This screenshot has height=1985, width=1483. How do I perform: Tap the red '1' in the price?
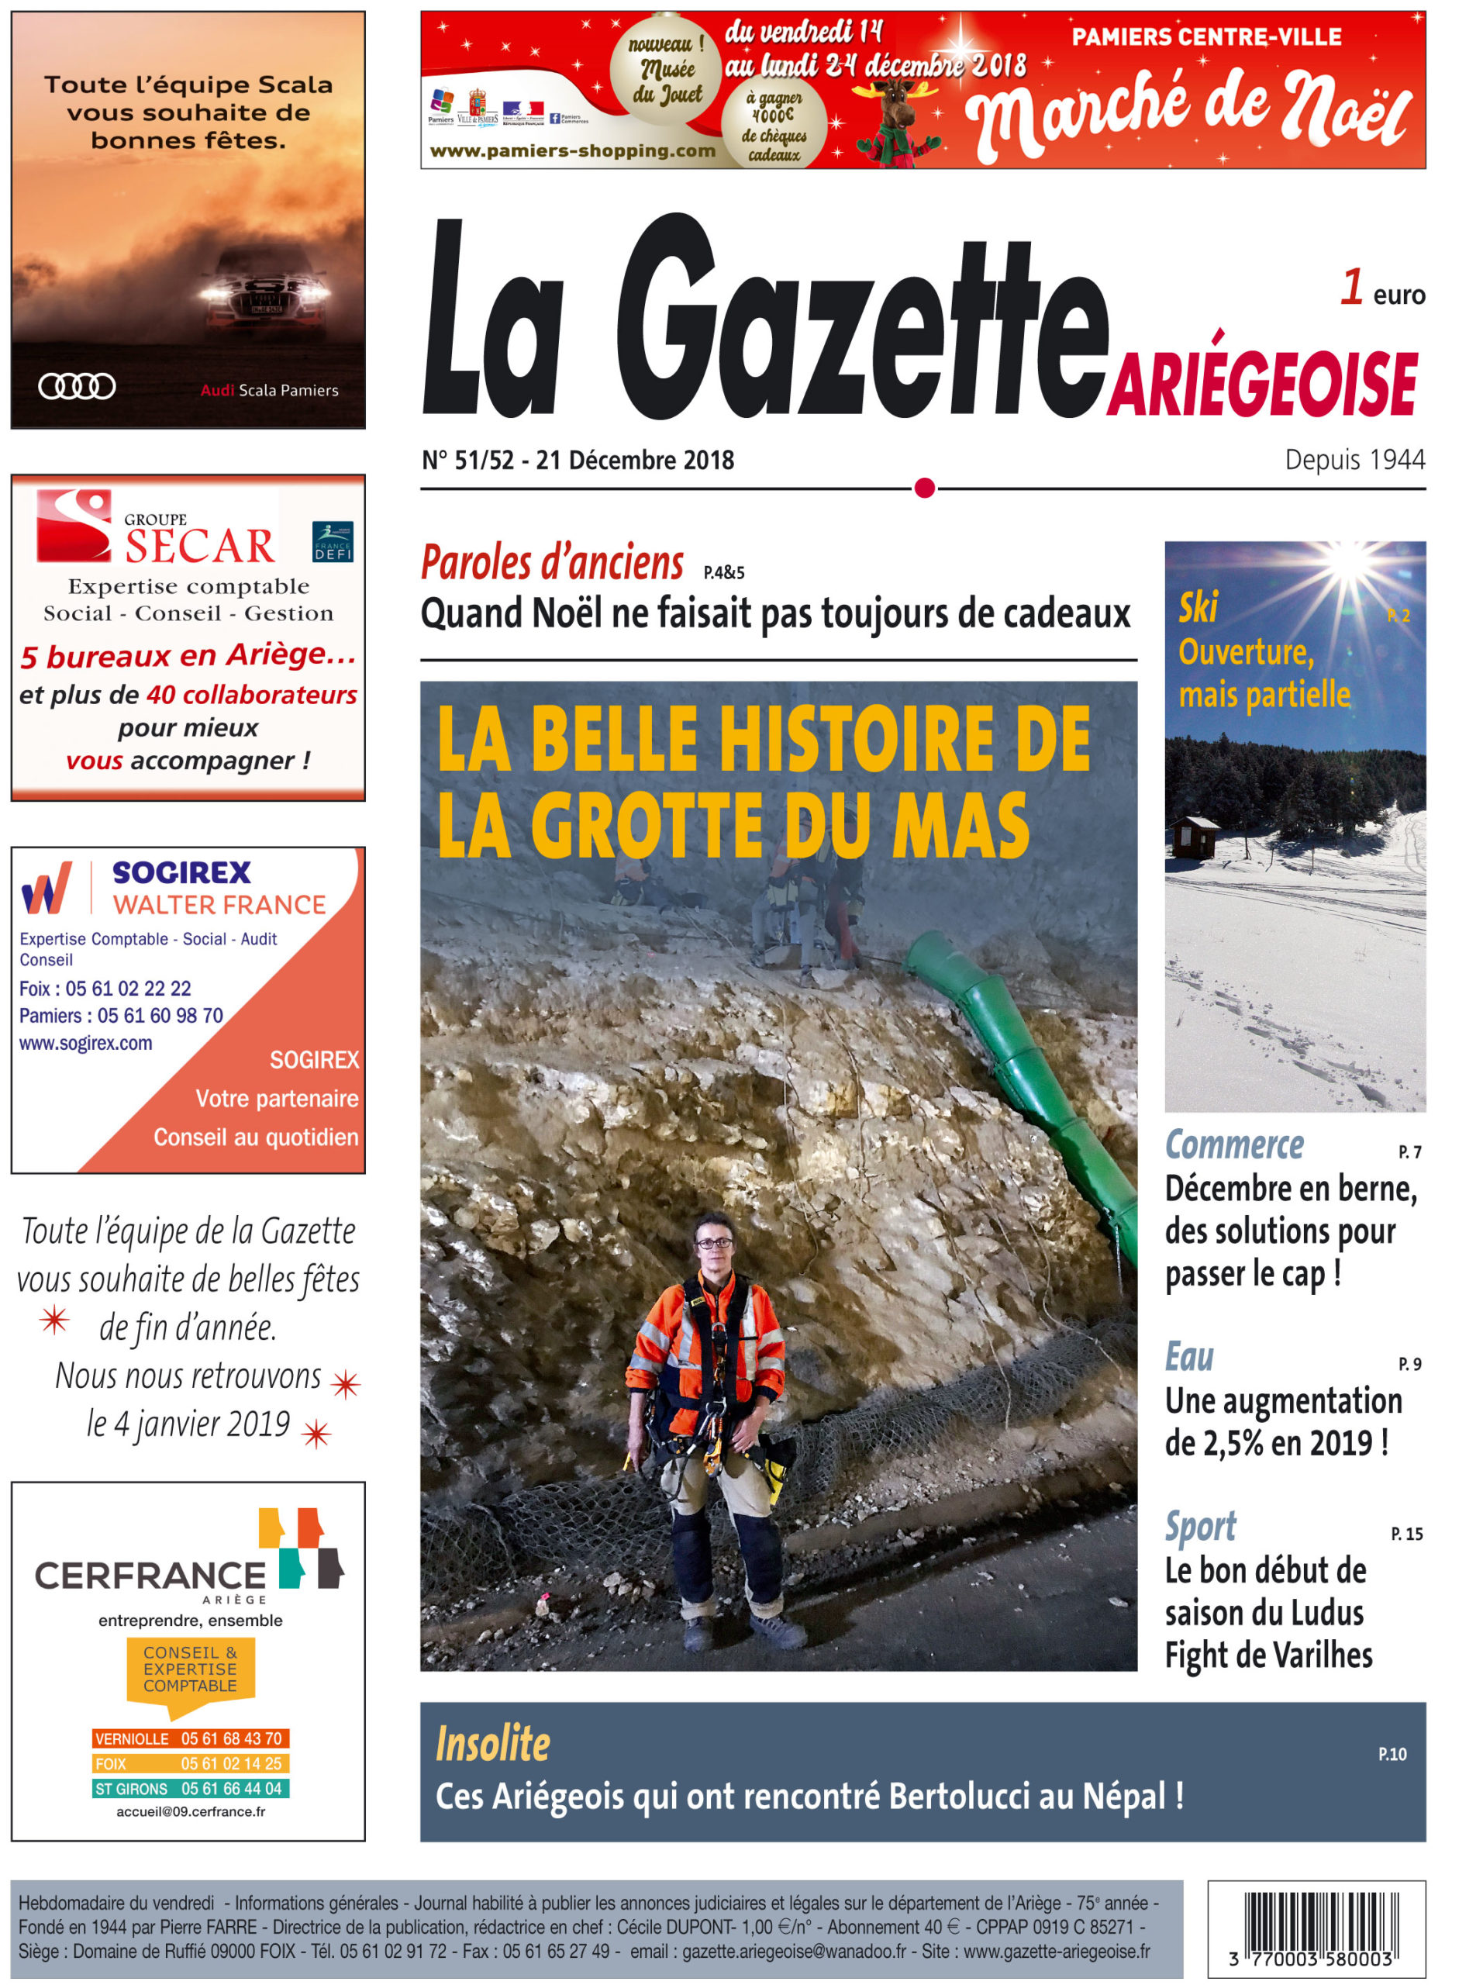point(1351,288)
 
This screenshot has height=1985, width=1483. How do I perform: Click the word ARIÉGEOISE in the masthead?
point(1261,383)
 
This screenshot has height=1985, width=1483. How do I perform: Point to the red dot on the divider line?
point(924,488)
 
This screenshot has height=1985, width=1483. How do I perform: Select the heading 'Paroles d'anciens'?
point(552,564)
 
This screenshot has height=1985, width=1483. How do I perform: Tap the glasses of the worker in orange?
point(714,1243)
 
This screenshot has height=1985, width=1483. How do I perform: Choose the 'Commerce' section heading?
point(1233,1146)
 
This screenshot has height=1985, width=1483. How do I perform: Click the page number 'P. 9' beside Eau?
point(1409,1364)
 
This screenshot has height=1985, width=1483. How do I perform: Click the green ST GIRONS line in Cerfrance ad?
point(190,1789)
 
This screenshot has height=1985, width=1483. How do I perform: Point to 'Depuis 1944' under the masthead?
point(1354,460)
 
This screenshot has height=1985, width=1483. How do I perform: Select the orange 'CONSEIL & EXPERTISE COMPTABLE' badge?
point(190,1669)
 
